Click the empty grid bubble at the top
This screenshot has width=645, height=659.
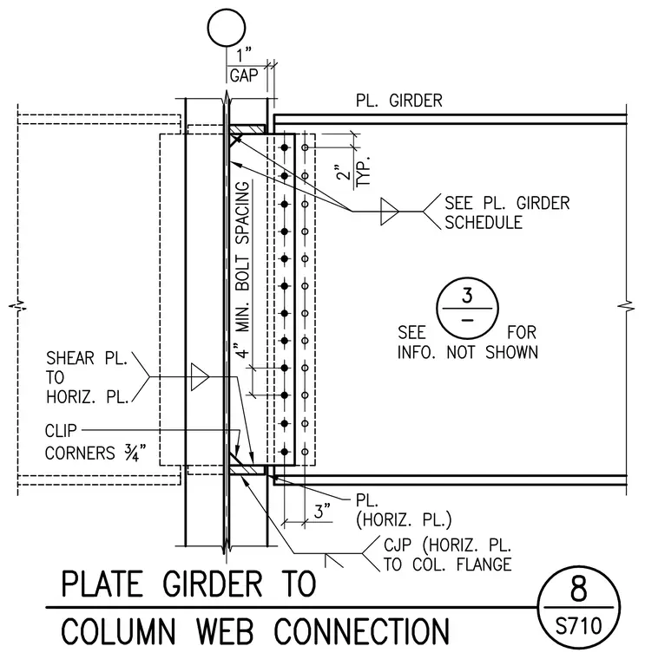click(227, 10)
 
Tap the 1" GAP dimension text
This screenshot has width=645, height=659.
click(244, 66)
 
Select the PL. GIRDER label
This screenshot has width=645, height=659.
click(398, 101)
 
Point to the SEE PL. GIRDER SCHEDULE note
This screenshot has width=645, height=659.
click(507, 212)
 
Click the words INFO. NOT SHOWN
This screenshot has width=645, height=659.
click(467, 352)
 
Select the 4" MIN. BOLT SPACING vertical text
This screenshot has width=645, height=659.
click(243, 270)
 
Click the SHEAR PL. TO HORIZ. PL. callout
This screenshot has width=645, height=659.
click(87, 377)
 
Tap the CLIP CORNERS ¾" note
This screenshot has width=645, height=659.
click(95, 442)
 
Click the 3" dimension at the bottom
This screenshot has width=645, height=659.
click(322, 512)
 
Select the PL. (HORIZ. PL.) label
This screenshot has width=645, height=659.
click(404, 510)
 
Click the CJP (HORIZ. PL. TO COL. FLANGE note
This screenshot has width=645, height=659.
click(447, 555)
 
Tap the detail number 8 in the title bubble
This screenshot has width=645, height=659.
click(578, 589)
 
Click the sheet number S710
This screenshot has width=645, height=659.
click(578, 626)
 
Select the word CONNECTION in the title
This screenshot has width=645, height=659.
click(361, 631)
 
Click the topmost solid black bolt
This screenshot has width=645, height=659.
click(285, 147)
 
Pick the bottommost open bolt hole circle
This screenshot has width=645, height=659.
click(305, 453)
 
